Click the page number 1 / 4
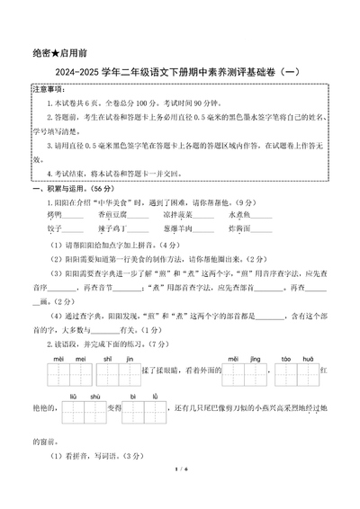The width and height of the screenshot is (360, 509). click(x=180, y=493)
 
